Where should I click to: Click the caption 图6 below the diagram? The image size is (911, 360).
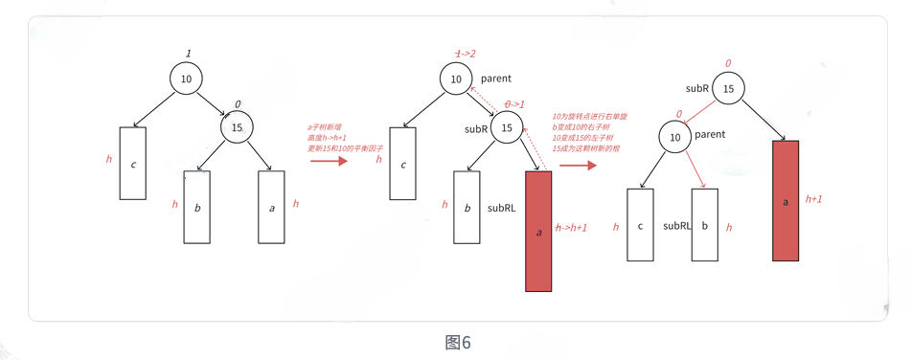point(458,343)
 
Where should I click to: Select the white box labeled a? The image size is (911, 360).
point(271,207)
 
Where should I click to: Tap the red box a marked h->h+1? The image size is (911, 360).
point(538,231)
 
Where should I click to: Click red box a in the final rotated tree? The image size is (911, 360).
point(786,201)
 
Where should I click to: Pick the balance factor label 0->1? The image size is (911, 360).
point(514,104)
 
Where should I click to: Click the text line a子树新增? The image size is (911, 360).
point(325,126)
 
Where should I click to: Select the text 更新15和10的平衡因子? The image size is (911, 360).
point(345,148)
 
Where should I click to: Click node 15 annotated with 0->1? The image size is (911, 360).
point(507,128)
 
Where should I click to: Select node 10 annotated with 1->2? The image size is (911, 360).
point(456,79)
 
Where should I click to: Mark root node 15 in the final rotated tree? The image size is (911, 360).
point(728,88)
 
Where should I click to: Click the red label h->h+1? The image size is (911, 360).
point(571,228)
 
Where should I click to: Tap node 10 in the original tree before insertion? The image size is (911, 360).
point(186,79)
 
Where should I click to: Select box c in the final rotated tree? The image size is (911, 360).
point(640,225)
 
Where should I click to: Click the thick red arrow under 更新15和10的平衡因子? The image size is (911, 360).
point(330,162)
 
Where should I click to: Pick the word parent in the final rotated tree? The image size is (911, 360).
point(710,135)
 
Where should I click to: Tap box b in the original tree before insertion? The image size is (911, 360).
point(196,207)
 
